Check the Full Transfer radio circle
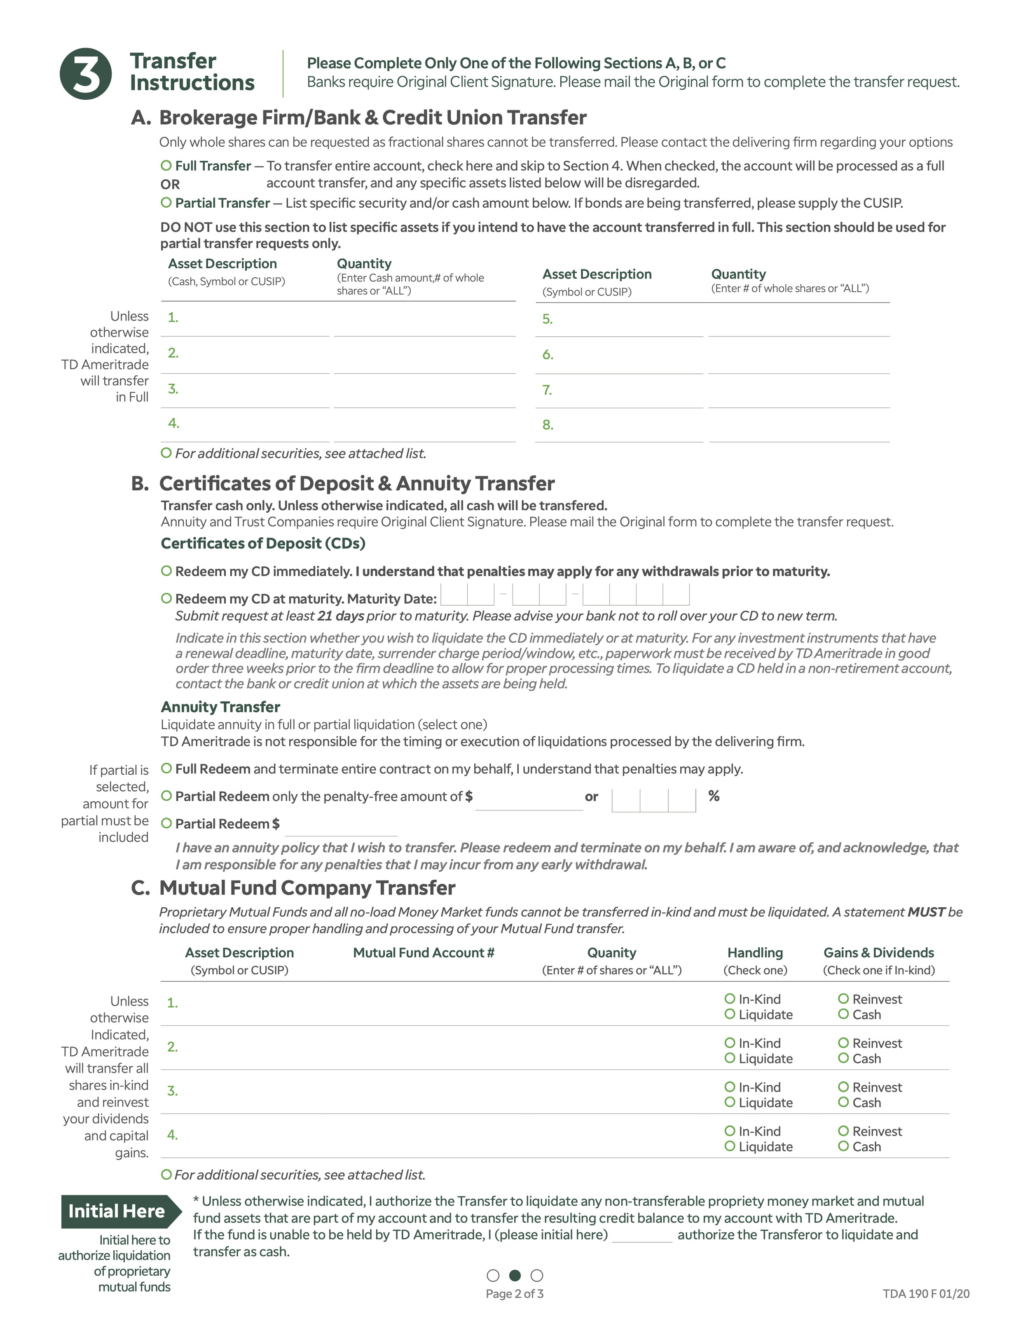[x=166, y=165]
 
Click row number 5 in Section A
[x=547, y=319]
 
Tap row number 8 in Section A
[x=547, y=425]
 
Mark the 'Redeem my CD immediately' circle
[x=166, y=571]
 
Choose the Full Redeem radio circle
[x=166, y=768]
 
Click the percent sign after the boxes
[x=713, y=796]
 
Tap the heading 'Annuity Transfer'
[x=220, y=707]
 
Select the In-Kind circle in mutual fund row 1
[x=730, y=998]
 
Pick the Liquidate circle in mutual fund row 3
[x=730, y=1102]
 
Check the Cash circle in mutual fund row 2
[x=843, y=1058]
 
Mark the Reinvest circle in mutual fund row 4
[x=843, y=1130]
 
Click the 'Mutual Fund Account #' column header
[x=424, y=953]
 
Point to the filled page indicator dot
[x=515, y=1275]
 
